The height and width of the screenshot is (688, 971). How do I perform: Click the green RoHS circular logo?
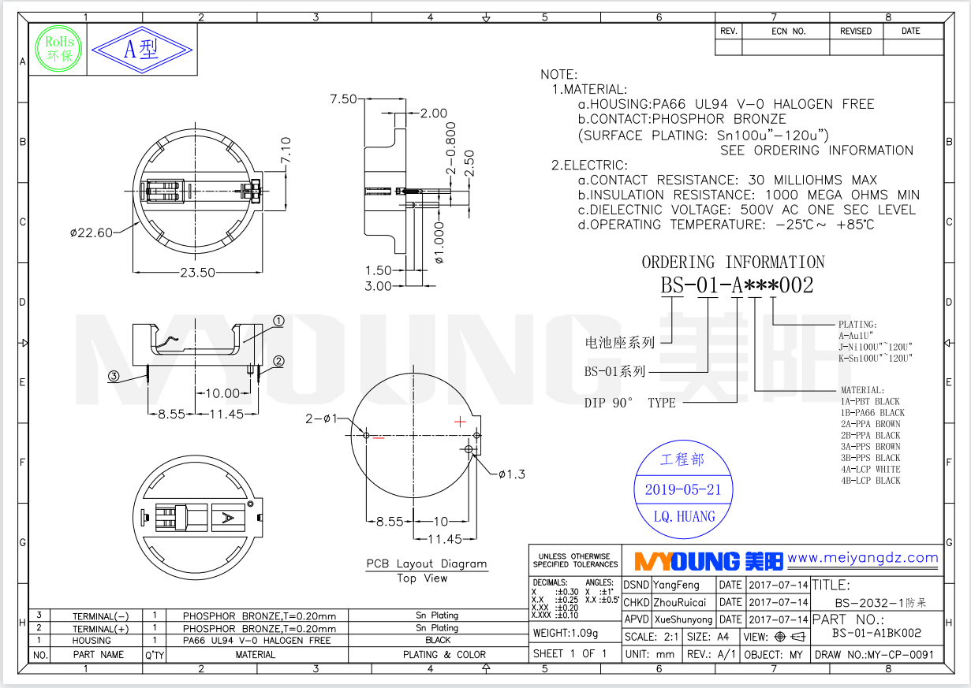coord(60,49)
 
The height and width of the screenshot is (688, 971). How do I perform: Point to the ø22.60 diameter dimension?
coord(91,232)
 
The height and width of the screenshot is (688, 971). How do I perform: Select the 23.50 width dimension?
coord(197,273)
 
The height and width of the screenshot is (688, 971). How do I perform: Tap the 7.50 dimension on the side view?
coord(343,99)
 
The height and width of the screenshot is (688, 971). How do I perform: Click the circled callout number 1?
coord(278,322)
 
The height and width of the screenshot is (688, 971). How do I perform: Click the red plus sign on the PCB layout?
coord(461,422)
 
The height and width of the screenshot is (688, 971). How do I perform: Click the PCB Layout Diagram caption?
coord(426,564)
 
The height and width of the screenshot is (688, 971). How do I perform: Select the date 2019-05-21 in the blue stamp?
coord(683,489)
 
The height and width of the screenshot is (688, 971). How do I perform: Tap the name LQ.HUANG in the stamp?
coord(684,517)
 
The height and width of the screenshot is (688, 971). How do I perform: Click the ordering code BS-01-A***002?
coord(737,285)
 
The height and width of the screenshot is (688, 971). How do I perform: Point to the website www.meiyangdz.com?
coord(863,559)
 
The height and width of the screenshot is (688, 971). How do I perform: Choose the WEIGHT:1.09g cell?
coord(566,633)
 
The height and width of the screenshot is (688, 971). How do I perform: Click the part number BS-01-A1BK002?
coord(876,633)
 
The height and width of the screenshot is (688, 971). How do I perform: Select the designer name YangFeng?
coord(676,585)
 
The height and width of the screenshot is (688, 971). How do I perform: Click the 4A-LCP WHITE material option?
coord(870,469)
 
